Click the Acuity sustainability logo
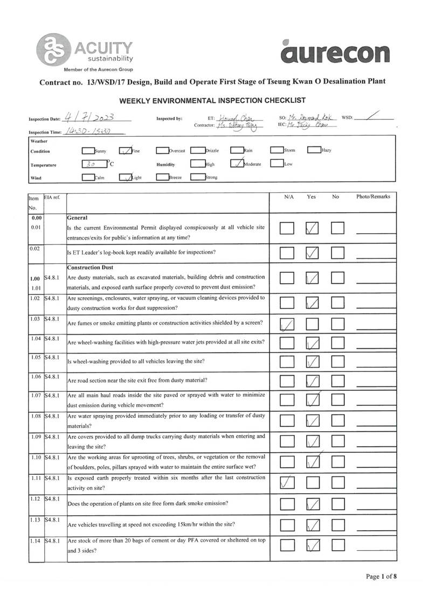[x=85, y=51]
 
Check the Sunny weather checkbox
[x=88, y=151]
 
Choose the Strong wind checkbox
[x=197, y=177]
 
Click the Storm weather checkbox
[x=277, y=150]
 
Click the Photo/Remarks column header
[x=373, y=197]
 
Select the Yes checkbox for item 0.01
[x=313, y=228]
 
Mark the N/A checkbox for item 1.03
[x=287, y=324]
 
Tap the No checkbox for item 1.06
[x=338, y=382]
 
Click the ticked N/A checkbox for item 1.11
[x=287, y=483]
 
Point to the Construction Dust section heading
[x=90, y=268]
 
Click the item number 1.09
[x=36, y=437]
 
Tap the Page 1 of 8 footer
[x=382, y=577]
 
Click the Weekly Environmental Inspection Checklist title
[x=212, y=101]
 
